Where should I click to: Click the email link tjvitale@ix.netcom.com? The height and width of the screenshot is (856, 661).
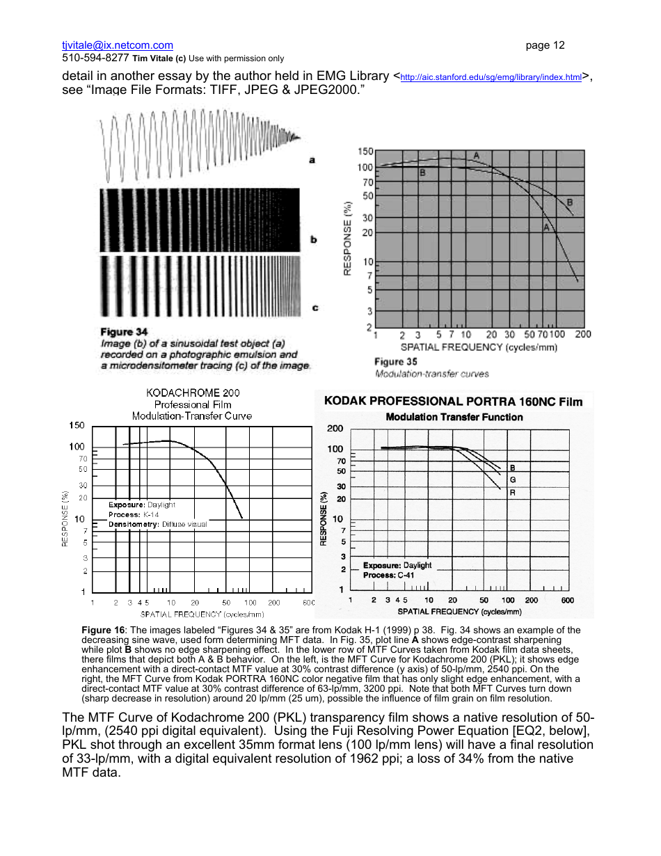[118, 45]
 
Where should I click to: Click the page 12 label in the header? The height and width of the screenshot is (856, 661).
[545, 45]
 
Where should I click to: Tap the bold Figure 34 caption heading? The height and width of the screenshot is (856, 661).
[124, 332]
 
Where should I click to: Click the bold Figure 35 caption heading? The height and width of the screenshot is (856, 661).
[395, 361]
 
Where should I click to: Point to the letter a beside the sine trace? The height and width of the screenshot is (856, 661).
[312, 160]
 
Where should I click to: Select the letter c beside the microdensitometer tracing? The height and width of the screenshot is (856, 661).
[314, 307]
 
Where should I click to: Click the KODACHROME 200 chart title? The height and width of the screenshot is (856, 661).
[192, 393]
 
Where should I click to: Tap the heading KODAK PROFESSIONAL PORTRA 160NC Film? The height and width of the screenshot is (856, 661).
[453, 401]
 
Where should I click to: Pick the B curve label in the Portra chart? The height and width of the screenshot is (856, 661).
[513, 468]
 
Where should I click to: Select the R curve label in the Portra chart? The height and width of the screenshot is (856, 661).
[513, 492]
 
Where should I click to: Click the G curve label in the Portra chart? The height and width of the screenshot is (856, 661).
[513, 480]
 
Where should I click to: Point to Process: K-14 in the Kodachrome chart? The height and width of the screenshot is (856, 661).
[134, 514]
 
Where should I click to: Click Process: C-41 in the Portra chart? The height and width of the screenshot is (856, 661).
[388, 576]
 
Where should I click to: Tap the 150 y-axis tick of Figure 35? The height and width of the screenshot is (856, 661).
[365, 151]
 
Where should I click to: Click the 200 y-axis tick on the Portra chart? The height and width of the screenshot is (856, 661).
[335, 428]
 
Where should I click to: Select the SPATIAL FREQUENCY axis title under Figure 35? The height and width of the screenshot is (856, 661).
[479, 347]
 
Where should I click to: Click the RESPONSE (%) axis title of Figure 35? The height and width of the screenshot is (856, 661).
[347, 238]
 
